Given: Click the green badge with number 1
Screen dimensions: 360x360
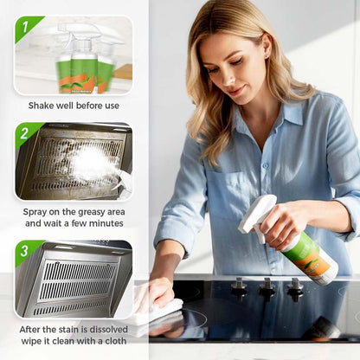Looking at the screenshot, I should coord(26,27).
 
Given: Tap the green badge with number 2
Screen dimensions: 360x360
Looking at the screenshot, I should coord(26,133).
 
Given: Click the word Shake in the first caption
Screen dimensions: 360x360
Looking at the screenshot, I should coord(42,105).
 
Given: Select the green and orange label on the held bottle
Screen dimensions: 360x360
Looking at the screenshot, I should coord(310,252).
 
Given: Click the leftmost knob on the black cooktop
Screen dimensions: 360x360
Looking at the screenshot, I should coord(239,286).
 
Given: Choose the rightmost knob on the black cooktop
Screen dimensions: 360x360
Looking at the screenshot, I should coord(296,286).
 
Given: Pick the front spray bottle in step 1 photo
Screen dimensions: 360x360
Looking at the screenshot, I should coord(83,65).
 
